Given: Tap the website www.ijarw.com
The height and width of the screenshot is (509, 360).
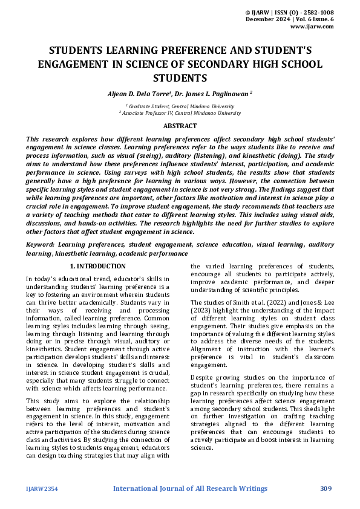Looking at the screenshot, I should point(313,27).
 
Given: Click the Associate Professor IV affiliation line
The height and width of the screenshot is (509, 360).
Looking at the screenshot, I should point(180,112).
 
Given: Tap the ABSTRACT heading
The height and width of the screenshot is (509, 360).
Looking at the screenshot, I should point(180,126).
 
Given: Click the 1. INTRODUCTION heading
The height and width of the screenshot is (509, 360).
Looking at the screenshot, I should point(97,266).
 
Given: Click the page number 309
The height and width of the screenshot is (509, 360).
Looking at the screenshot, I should point(326,488).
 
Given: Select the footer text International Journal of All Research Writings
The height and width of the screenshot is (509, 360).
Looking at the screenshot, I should point(190,488).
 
